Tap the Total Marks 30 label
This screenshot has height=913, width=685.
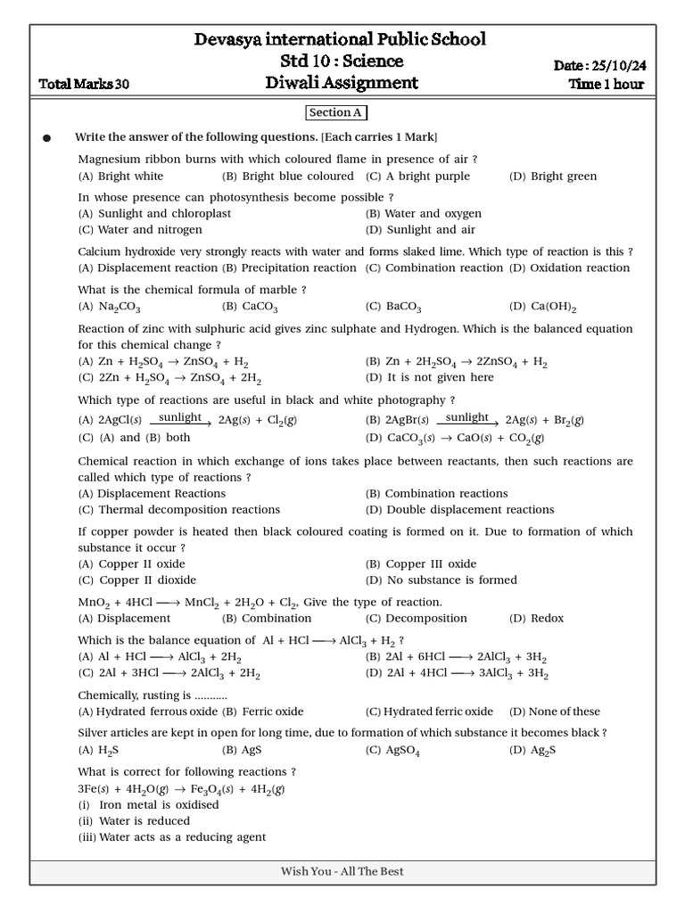85,85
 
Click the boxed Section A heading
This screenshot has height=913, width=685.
336,112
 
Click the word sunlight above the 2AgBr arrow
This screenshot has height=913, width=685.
467,417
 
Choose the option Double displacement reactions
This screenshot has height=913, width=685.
459,510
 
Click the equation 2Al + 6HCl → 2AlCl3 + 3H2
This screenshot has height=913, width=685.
456,657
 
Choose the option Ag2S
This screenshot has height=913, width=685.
532,751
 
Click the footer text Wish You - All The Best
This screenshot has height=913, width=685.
342,872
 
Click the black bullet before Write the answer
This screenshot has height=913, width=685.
47,138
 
